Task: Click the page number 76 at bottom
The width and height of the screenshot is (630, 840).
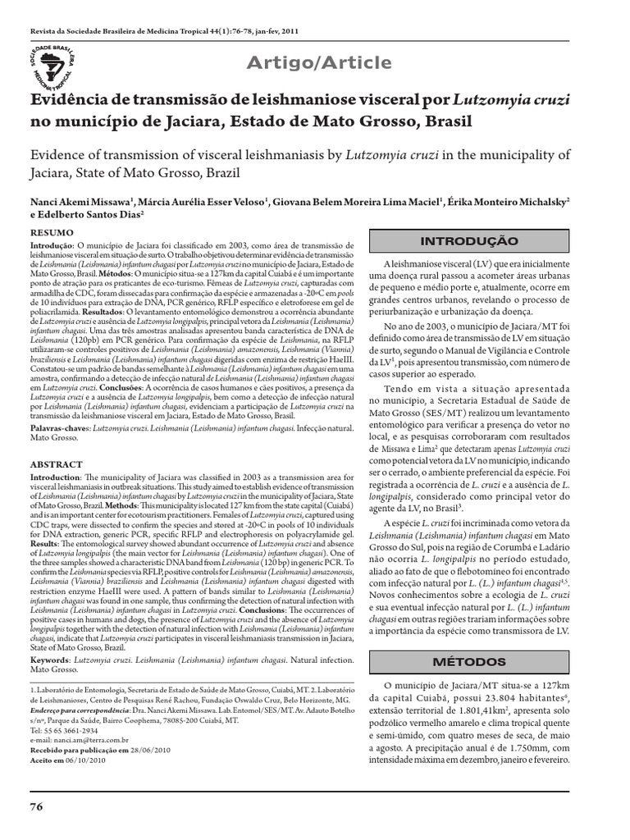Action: coord(36,806)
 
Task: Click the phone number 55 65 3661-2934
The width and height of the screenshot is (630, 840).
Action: coord(68,706)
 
